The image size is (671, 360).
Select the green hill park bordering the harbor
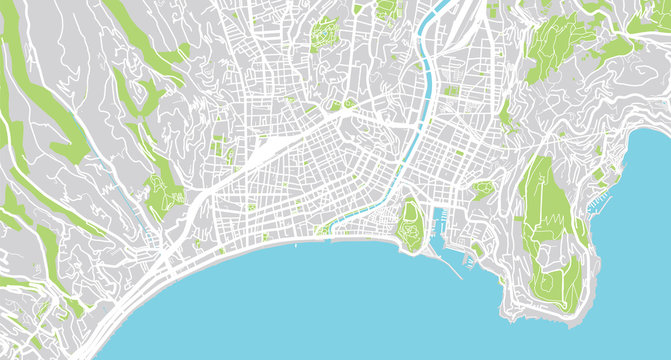410,221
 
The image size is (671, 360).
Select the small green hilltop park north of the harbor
483,188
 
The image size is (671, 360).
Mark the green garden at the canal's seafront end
322,230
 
